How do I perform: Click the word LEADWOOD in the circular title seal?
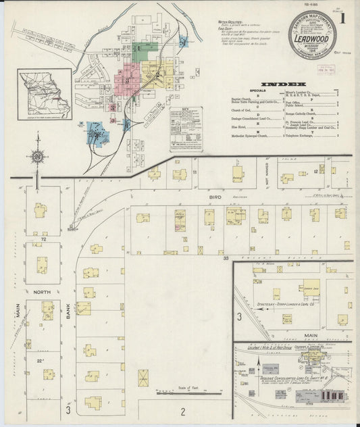311,40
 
